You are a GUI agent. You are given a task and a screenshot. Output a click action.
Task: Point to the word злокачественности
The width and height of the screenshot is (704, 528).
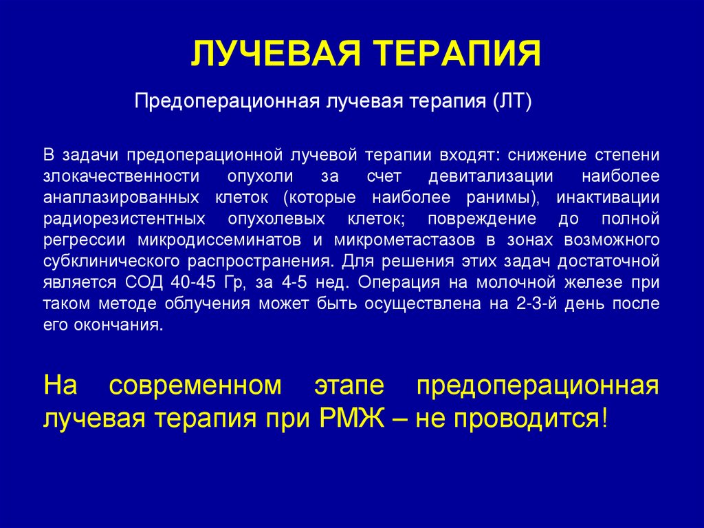[x=116, y=176]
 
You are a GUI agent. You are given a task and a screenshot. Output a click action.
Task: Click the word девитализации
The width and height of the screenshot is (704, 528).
[x=491, y=176]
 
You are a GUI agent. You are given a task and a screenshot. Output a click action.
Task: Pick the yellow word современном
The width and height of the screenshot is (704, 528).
[x=194, y=386]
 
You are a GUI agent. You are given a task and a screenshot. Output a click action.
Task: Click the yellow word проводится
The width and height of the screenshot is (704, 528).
[x=530, y=418]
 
